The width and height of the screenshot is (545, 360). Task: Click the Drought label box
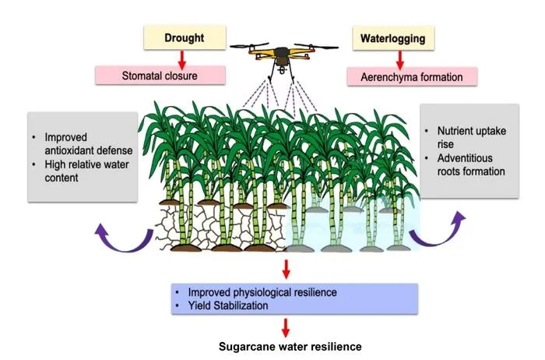pyautogui.click(x=185, y=37)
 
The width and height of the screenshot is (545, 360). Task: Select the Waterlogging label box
pyautogui.click(x=393, y=38)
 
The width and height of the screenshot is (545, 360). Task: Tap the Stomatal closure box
pyautogui.click(x=160, y=76)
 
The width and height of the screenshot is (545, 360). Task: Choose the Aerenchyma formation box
pyautogui.click(x=412, y=77)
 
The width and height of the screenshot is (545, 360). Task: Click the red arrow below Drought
pyautogui.click(x=181, y=60)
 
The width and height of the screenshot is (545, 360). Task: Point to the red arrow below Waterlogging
pyautogui.click(x=400, y=60)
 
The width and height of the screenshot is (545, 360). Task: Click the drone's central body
pyautogui.click(x=282, y=55)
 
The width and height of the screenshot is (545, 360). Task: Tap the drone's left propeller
pyautogui.click(x=249, y=45)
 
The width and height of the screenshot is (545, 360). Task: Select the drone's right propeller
pyautogui.click(x=316, y=46)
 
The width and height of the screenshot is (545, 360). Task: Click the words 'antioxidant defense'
pyautogui.click(x=89, y=150)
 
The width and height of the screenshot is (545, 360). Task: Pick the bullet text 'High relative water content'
pyautogui.click(x=86, y=171)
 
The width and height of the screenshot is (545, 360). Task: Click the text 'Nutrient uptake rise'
pyautogui.click(x=471, y=137)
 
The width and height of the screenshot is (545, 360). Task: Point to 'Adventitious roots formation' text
pyautogui.click(x=471, y=164)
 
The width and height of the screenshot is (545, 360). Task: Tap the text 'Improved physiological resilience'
pyautogui.click(x=262, y=292)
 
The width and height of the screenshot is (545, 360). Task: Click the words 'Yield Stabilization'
pyautogui.click(x=228, y=305)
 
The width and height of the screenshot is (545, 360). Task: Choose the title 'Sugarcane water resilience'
pyautogui.click(x=290, y=347)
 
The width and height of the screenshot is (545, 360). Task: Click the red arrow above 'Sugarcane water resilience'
pyautogui.click(x=286, y=327)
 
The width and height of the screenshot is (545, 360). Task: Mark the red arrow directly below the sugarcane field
pyautogui.click(x=286, y=269)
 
